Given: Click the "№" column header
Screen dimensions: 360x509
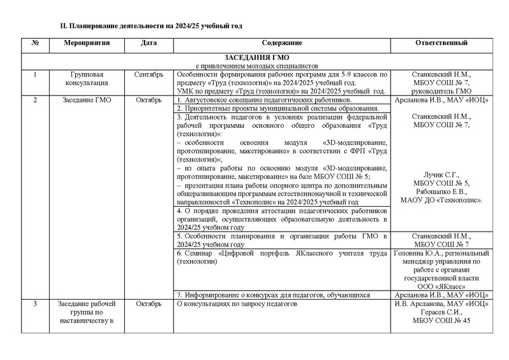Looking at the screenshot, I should [x=36, y=43].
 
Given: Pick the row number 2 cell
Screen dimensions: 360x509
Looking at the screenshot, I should [x=36, y=100].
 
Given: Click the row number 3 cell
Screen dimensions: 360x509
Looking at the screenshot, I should [x=36, y=304].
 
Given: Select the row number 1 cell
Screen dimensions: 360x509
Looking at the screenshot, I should [x=36, y=74].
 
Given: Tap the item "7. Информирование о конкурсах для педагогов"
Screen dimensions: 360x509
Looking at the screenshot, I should [x=274, y=295].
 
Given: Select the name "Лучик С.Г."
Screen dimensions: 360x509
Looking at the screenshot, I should [x=441, y=175].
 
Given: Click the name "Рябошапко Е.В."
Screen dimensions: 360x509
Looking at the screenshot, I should [x=442, y=192].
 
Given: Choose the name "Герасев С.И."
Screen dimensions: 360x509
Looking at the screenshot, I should [x=442, y=312].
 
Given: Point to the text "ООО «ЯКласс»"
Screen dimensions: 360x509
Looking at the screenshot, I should [x=442, y=286].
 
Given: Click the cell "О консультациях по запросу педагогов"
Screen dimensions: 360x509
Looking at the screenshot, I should [x=237, y=304].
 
